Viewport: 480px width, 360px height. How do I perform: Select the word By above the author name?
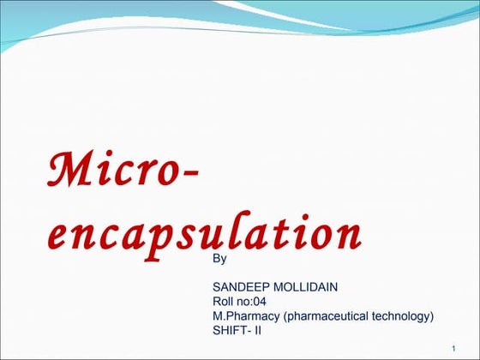click(219, 258)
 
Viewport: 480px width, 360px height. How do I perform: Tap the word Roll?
click(224, 302)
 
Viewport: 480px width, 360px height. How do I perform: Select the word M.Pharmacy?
click(246, 316)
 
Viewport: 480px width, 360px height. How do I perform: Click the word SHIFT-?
click(231, 331)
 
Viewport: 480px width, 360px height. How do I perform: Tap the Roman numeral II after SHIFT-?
click(259, 331)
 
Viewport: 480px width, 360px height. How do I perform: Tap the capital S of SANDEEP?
click(216, 287)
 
